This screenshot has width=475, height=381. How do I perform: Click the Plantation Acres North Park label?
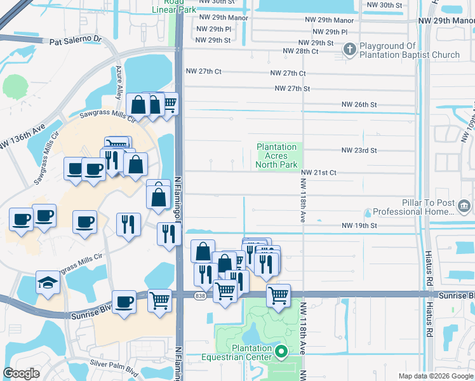tap(276, 156)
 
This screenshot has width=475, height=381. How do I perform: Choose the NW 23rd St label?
tap(359, 150)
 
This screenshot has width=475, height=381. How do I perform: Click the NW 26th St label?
tap(359, 104)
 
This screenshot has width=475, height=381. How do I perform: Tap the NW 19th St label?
tap(359, 225)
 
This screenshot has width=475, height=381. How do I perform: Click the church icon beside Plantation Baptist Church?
tap(349, 49)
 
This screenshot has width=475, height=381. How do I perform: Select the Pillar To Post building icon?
tap(464, 205)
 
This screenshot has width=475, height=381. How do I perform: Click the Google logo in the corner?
tap(21, 373)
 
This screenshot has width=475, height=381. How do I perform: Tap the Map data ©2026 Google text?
tap(436, 376)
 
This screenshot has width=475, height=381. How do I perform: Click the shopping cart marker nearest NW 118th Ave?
tap(278, 295)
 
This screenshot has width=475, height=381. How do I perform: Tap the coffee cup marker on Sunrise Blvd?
tap(124, 301)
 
